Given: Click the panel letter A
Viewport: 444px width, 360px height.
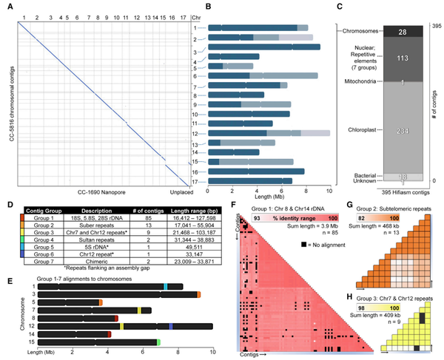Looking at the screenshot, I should pos(6,7).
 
